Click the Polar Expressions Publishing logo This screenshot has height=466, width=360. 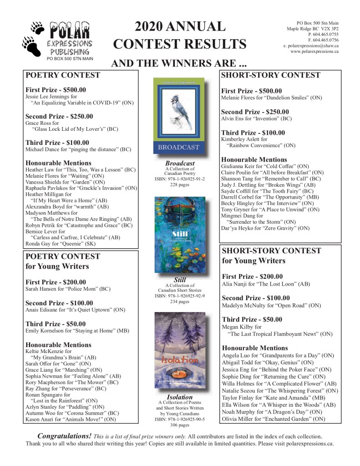point(58,40)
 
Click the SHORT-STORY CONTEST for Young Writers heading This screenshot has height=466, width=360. point(271,256)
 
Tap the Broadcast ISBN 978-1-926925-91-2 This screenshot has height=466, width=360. point(179,179)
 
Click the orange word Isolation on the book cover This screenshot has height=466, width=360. point(179,360)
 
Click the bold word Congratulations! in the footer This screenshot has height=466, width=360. point(64,435)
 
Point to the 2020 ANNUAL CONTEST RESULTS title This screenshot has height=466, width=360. point(179,35)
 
